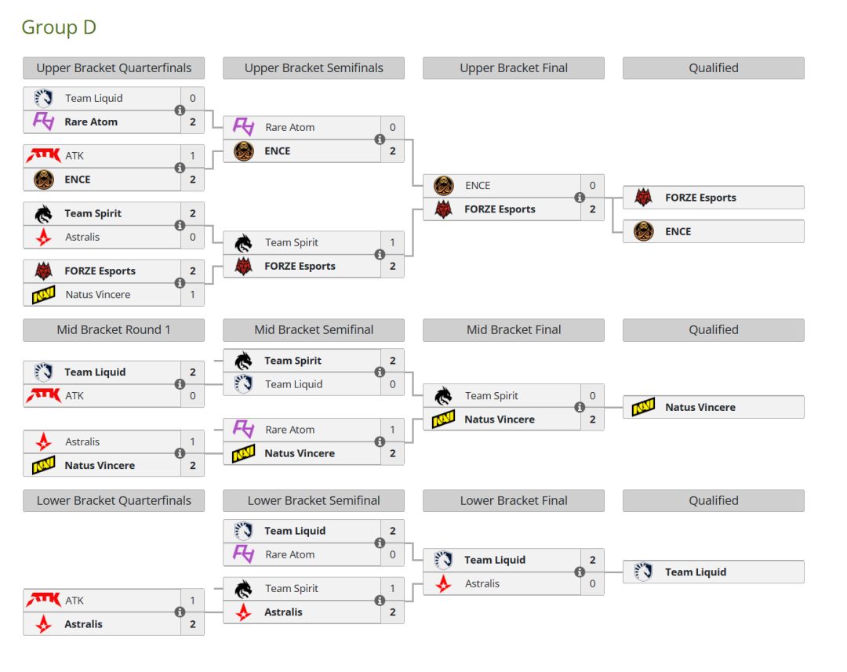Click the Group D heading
(x=59, y=27)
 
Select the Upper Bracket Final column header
(x=514, y=68)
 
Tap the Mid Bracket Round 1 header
(x=114, y=330)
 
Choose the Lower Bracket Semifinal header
(x=314, y=501)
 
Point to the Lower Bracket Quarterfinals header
(x=114, y=501)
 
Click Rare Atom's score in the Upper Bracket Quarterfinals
(x=192, y=122)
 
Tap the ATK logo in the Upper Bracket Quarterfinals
(x=43, y=156)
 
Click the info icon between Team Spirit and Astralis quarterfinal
(x=180, y=225)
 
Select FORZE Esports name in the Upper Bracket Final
(x=500, y=209)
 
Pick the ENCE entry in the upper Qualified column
(x=713, y=231)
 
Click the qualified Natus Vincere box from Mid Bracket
(x=713, y=407)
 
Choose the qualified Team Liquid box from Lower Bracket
(x=713, y=572)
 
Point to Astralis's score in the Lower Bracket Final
(x=592, y=583)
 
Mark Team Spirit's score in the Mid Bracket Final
(x=592, y=396)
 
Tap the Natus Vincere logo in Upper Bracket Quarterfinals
(x=43, y=295)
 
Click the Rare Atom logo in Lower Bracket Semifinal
(x=243, y=554)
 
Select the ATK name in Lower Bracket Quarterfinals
(x=75, y=601)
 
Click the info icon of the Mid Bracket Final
(x=580, y=407)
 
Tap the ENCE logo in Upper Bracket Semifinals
(x=243, y=151)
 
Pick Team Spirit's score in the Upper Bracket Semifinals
(x=392, y=243)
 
